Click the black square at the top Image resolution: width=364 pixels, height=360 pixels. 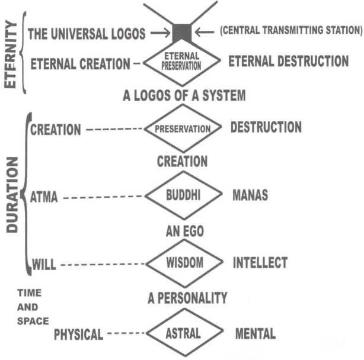coord(182,32)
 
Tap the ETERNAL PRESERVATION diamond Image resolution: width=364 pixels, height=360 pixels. coord(182,62)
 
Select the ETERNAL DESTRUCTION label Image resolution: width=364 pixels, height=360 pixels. coord(288,61)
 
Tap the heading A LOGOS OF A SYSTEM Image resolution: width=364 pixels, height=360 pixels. coord(182,95)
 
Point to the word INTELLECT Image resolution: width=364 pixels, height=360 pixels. coord(260,262)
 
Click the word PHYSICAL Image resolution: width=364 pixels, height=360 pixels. coord(78,335)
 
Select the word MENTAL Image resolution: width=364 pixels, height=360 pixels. coord(255,333)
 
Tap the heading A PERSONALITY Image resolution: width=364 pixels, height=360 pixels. coord(187,298)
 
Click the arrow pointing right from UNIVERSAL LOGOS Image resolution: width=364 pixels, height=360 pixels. coord(159,33)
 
